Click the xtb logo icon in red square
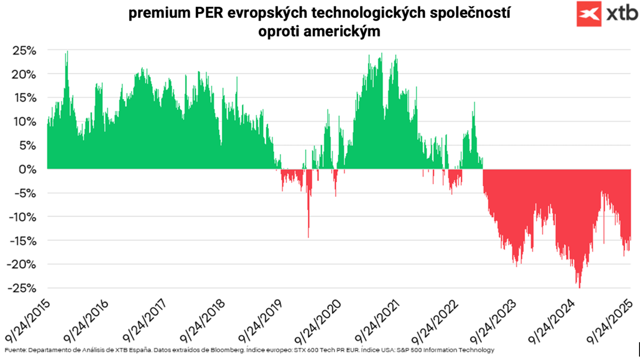point(590,14)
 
